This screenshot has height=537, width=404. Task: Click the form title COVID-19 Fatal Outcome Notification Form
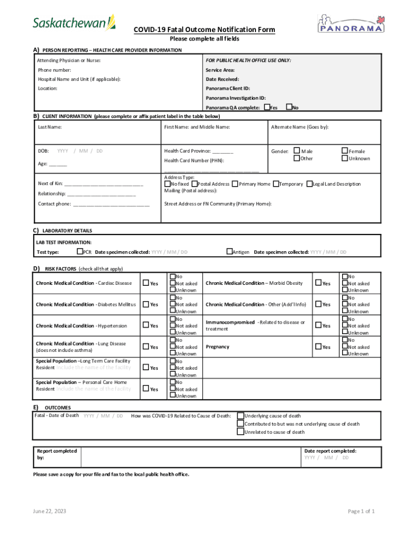(x=204, y=30)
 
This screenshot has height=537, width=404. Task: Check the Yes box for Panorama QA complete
(x=267, y=107)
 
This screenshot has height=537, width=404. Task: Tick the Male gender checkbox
(x=297, y=151)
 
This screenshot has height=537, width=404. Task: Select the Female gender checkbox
(x=345, y=151)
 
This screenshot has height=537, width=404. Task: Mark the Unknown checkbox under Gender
(x=345, y=158)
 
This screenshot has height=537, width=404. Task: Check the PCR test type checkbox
(x=80, y=252)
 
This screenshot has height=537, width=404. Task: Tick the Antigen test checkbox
(x=229, y=252)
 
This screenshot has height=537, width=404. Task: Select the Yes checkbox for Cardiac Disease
(x=147, y=283)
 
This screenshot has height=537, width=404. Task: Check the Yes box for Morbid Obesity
(x=318, y=283)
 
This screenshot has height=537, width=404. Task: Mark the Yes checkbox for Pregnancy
(x=318, y=347)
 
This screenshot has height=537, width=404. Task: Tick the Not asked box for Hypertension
(x=172, y=326)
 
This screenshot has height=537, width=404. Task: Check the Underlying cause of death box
(x=240, y=416)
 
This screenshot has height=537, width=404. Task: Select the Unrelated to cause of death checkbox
(x=240, y=432)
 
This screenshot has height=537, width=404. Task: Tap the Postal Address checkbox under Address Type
(x=194, y=184)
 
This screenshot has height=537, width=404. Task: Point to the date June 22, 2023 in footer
(x=49, y=511)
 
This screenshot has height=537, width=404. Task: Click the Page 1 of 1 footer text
(x=361, y=511)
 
